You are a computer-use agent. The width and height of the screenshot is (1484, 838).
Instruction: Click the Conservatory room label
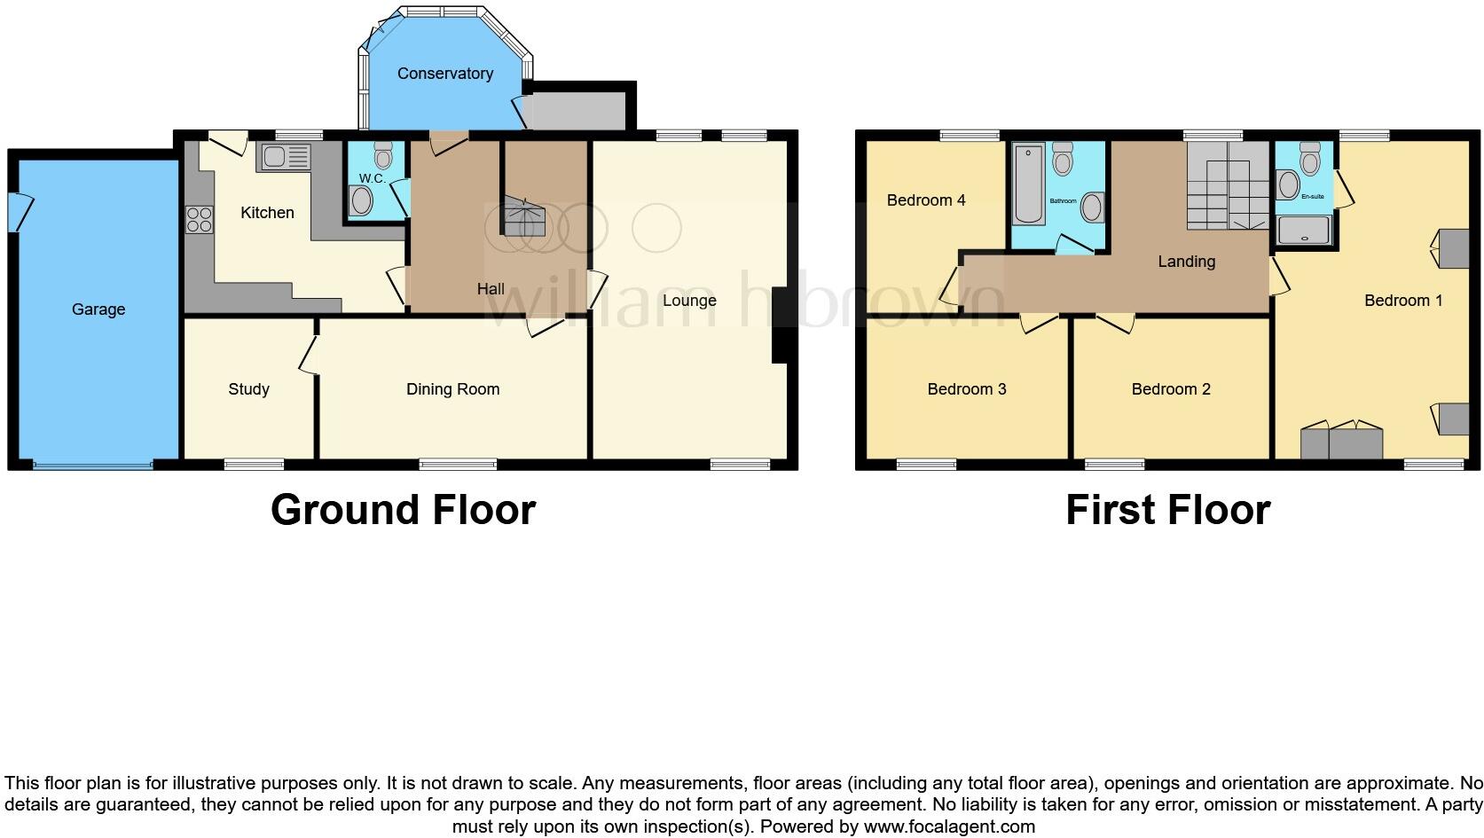pyautogui.click(x=444, y=74)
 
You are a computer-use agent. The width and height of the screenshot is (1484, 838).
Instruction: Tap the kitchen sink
pyautogui.click(x=284, y=158)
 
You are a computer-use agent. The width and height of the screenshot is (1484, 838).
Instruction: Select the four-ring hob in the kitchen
pyautogui.click(x=200, y=219)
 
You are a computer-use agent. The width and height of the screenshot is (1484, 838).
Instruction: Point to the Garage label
pyautogui.click(x=98, y=309)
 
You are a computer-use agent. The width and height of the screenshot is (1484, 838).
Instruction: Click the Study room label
pyautogui.click(x=248, y=389)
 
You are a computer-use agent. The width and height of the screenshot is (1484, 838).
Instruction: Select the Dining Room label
pyautogui.click(x=452, y=389)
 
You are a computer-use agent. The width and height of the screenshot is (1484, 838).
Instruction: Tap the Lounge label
pyautogui.click(x=689, y=301)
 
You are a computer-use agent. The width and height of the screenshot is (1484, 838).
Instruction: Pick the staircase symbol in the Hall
pyautogui.click(x=523, y=217)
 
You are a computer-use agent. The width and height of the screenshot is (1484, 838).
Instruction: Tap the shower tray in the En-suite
pyautogui.click(x=1304, y=231)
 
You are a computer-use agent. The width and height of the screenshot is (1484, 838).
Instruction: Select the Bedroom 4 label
pyautogui.click(x=926, y=200)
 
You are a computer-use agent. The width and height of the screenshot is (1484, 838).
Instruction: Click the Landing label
pyautogui.click(x=1186, y=262)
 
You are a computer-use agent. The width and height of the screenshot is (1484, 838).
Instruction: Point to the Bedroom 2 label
pyautogui.click(x=1171, y=389)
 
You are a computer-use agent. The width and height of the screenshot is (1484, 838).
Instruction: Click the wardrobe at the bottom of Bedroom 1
pyautogui.click(x=1341, y=443)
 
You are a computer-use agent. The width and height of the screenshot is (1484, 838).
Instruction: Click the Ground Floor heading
pyautogui.click(x=403, y=510)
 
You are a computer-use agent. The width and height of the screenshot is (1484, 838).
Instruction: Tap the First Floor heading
pyautogui.click(x=1167, y=510)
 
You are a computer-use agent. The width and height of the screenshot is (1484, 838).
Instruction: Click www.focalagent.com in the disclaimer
pyautogui.click(x=949, y=826)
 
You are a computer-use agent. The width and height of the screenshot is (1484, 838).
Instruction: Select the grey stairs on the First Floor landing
pyautogui.click(x=1228, y=186)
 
